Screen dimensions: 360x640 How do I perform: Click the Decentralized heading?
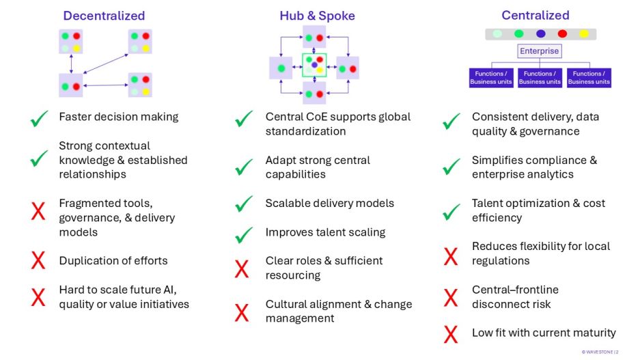pyautogui.click(x=104, y=16)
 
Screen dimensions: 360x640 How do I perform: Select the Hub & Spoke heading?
pyautogui.click(x=317, y=16)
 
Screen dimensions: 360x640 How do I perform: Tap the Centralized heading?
pyautogui.click(x=535, y=15)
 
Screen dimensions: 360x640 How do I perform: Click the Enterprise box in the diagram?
pyautogui.click(x=540, y=51)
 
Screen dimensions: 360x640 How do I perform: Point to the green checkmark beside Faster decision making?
pyautogui.click(x=38, y=120)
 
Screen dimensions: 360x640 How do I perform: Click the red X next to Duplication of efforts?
pyautogui.click(x=38, y=261)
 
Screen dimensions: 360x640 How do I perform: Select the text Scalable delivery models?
pyautogui.click(x=329, y=204)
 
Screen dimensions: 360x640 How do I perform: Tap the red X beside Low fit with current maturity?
pyautogui.click(x=450, y=334)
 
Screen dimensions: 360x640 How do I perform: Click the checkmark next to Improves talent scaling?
pyautogui.click(x=244, y=234)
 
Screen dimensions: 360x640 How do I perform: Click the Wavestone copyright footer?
pyautogui.click(x=600, y=351)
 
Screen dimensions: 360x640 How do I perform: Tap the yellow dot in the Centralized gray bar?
pyautogui.click(x=583, y=33)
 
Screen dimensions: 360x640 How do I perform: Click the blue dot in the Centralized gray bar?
pyautogui.click(x=540, y=33)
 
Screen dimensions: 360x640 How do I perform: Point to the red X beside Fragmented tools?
pyautogui.click(x=38, y=210)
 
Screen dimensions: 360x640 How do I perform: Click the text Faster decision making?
pyautogui.click(x=118, y=117)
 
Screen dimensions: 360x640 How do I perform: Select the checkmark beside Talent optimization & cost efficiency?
pyautogui.click(x=451, y=212)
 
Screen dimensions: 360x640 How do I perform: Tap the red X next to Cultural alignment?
pyautogui.click(x=242, y=312)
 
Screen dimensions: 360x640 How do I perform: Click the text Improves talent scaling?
pyautogui.click(x=325, y=232)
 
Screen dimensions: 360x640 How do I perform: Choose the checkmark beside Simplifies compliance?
pyautogui.click(x=451, y=167)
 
